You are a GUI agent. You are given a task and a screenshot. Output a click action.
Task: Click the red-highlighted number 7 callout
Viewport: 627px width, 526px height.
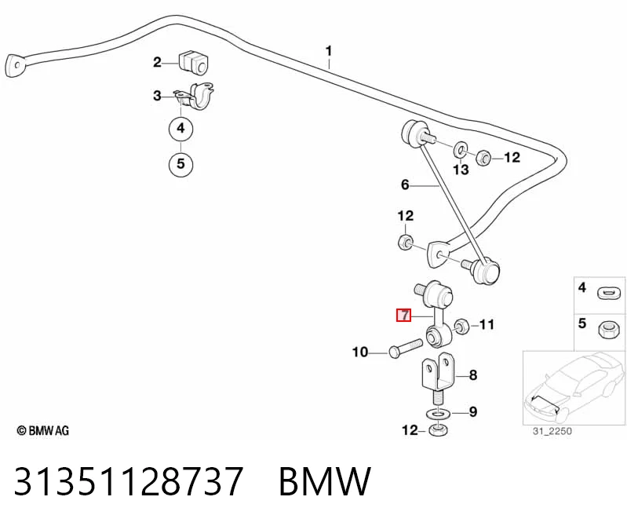pos(403,315)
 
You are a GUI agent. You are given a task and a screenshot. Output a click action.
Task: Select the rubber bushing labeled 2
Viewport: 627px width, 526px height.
pos(193,61)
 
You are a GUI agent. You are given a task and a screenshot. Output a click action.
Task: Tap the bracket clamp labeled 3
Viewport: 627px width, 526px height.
pos(195,95)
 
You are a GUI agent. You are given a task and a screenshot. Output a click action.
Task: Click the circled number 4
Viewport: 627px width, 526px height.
pos(180,129)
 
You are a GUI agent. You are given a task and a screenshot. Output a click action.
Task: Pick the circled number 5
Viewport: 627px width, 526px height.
pos(180,163)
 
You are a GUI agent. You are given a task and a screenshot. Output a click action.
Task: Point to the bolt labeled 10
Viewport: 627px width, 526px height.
pos(406,348)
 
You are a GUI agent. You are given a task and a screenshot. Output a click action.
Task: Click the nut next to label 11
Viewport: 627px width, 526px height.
pos(461,327)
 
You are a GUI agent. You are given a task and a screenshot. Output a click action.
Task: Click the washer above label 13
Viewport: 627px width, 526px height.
pos(460,151)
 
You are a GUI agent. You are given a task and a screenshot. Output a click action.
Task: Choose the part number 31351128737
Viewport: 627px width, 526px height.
pos(129,480)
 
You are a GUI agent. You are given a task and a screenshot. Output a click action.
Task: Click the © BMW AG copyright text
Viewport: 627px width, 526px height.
pos(43,430)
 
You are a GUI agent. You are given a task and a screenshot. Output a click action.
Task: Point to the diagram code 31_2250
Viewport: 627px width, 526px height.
pos(552,431)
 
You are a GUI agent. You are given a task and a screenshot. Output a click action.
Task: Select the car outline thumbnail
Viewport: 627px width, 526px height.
pos(574,388)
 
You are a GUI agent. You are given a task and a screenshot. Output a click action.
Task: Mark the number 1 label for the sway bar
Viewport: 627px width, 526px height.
pos(329,52)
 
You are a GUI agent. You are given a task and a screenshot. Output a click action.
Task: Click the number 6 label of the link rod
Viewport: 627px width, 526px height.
pos(405,184)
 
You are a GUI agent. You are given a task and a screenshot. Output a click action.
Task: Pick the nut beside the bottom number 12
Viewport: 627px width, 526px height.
pos(438,430)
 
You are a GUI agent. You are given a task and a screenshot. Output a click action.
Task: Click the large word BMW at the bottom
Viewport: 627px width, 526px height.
pos(325,480)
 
